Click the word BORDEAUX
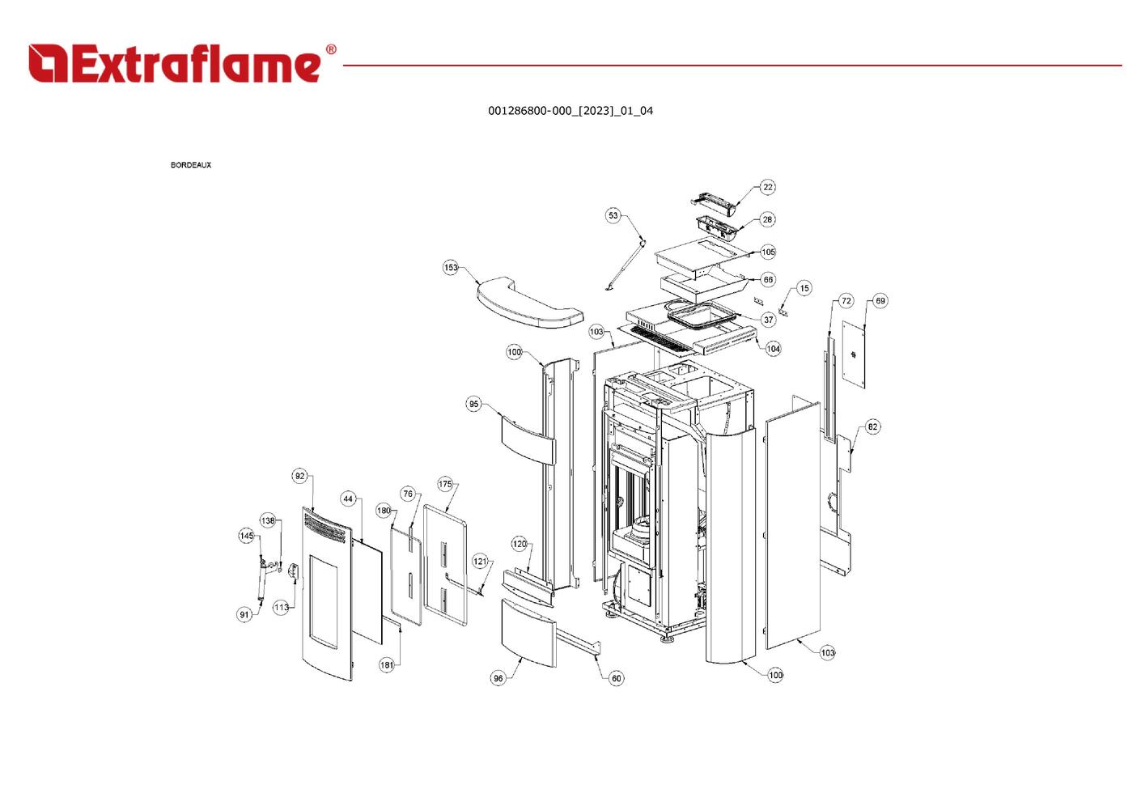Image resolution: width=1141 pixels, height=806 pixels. click(x=191, y=165)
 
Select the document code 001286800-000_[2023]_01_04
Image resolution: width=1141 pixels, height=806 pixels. click(x=570, y=111)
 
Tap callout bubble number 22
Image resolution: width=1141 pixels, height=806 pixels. click(x=768, y=187)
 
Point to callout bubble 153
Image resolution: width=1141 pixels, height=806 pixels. click(x=451, y=268)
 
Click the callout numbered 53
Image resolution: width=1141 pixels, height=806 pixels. click(x=613, y=215)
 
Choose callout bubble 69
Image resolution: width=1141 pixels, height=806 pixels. click(x=880, y=301)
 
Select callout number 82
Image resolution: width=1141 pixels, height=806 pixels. click(x=872, y=426)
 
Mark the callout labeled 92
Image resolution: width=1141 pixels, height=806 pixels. click(x=300, y=476)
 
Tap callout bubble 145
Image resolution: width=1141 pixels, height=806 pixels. click(x=247, y=536)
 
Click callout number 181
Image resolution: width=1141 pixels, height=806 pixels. click(x=387, y=664)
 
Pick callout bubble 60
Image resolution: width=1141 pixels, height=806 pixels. click(x=617, y=678)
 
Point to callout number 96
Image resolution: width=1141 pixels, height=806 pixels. click(x=498, y=678)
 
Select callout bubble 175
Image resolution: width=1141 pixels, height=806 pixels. click(x=445, y=484)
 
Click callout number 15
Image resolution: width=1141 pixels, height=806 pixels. click(x=804, y=288)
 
